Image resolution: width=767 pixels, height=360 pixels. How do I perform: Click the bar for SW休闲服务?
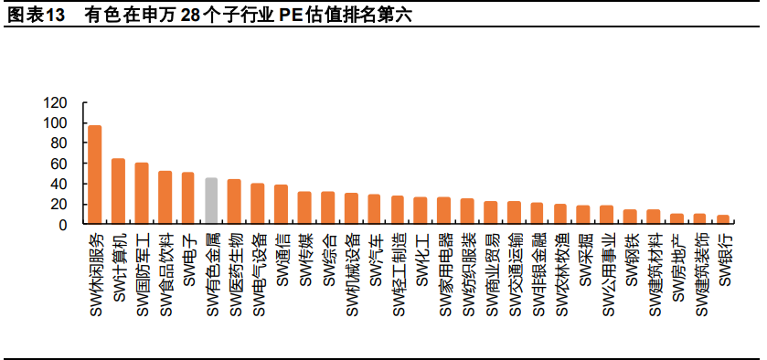coord(94,175)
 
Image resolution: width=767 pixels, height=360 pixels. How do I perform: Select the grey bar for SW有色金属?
coord(211,201)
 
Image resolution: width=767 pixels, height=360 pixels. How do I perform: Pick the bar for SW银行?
coord(723,219)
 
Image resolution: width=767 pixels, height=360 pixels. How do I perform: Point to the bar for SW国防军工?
coord(142,193)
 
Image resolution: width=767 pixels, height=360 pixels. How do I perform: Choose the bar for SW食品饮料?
coord(165,197)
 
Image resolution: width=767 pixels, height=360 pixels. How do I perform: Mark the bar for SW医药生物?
coord(234,201)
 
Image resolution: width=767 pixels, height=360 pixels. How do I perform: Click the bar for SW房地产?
coord(676,218)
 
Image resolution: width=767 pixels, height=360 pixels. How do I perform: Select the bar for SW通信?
coord(281,204)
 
